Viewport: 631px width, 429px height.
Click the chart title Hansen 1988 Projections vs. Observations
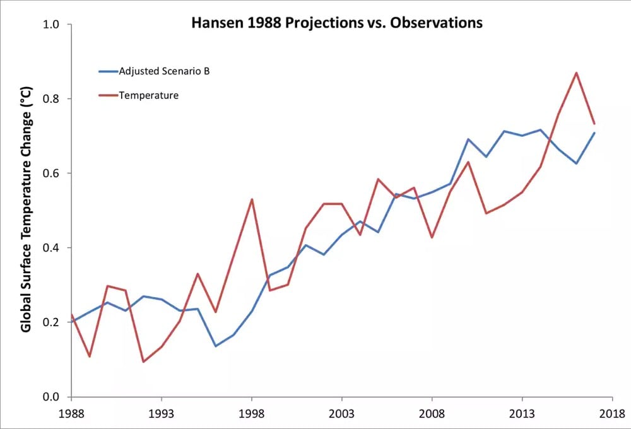click(x=337, y=23)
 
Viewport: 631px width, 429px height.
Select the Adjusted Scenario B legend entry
click(x=163, y=71)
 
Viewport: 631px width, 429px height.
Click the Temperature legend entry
click(x=148, y=96)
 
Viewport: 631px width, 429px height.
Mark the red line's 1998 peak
click(x=252, y=199)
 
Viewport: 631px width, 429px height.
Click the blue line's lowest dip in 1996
click(x=216, y=346)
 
